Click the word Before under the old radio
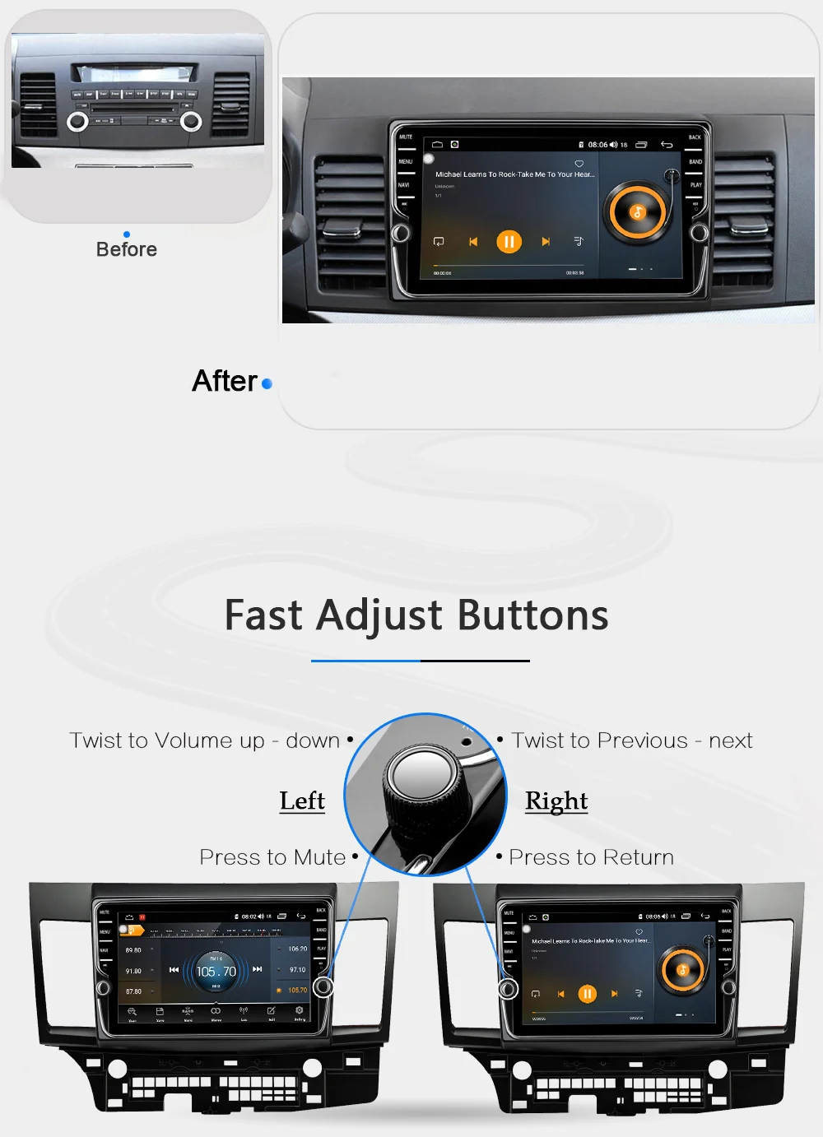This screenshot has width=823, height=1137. tap(126, 249)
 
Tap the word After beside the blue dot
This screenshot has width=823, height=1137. tap(225, 381)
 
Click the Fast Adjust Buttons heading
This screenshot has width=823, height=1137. tap(416, 615)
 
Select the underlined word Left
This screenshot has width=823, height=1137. tap(302, 801)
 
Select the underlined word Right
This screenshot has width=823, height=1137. tap(556, 801)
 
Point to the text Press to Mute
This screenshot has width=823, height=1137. tap(272, 857)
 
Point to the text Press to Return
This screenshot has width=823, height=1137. tap(591, 857)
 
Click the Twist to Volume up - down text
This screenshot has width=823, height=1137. tap(204, 740)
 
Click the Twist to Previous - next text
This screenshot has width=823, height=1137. tap(631, 740)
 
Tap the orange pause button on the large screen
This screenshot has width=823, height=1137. tap(509, 242)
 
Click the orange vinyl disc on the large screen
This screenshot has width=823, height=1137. tap(637, 212)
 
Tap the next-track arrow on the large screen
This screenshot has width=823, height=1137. tap(545, 242)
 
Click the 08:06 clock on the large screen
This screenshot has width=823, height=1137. tap(597, 145)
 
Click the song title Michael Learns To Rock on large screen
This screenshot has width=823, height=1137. tap(514, 174)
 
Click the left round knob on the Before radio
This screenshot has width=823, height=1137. tap(77, 122)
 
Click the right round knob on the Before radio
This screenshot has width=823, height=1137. tap(191, 122)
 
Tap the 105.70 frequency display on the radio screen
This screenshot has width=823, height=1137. tap(216, 972)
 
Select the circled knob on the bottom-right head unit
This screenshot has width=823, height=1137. tap(508, 988)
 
